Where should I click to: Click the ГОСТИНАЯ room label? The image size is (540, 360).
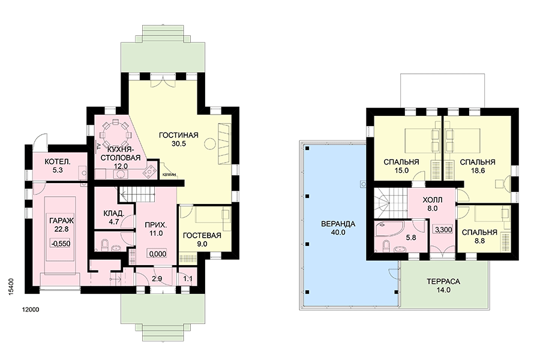click(x=178, y=135)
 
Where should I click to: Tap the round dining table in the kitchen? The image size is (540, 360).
click(x=115, y=134)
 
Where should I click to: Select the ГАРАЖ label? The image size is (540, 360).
click(x=62, y=221)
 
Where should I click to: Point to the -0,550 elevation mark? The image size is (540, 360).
click(x=61, y=244)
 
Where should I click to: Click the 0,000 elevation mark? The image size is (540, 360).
click(x=158, y=254)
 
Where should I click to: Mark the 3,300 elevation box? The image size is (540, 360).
click(x=443, y=230)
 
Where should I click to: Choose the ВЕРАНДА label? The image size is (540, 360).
click(x=338, y=224)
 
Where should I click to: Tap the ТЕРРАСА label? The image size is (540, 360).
click(x=443, y=281)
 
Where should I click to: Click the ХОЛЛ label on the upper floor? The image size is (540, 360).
click(x=432, y=200)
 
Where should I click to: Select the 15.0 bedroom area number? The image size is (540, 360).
click(x=401, y=170)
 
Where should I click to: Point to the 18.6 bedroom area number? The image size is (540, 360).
click(x=478, y=170)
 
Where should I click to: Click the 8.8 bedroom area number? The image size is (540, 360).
click(x=480, y=241)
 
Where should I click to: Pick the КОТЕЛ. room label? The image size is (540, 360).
click(x=58, y=161)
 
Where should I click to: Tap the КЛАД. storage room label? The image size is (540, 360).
click(x=113, y=214)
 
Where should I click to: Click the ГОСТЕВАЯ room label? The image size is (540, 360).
click(x=202, y=236)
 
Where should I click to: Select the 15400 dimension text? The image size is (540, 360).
click(x=11, y=287)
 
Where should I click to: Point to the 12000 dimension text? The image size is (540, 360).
click(x=31, y=310)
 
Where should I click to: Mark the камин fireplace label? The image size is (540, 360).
click(x=169, y=175)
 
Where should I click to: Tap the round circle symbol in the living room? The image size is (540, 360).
click(x=209, y=143)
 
